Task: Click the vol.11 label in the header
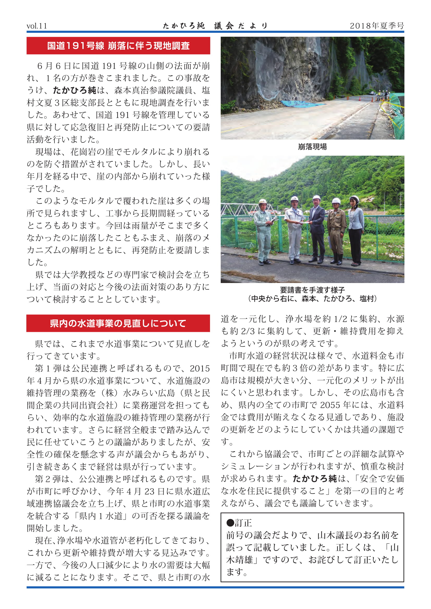37,26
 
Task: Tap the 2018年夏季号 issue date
377,26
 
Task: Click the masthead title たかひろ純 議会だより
215,26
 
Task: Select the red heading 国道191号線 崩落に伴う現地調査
118,46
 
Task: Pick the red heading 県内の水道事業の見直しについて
118,323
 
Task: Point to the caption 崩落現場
312,147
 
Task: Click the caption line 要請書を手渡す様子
312,290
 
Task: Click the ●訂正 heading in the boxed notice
239,523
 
